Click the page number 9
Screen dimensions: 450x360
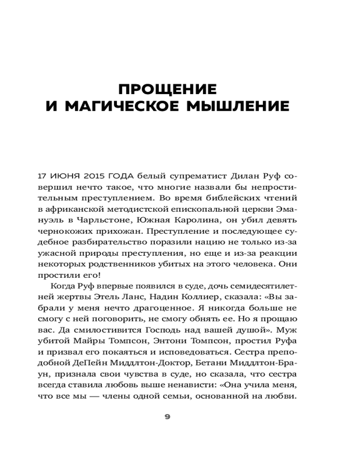point(167,417)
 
